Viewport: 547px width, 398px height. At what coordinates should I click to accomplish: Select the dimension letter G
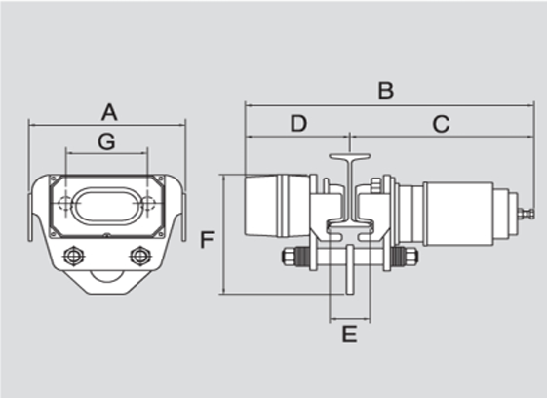click(106, 141)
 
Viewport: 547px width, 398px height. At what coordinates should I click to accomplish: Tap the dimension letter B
click(385, 91)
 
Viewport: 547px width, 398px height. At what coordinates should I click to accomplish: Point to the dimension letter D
click(297, 124)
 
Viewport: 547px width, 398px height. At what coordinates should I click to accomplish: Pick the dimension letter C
click(441, 124)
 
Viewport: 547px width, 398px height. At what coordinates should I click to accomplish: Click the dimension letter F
click(206, 239)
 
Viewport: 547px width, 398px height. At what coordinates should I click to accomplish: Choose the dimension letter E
click(350, 335)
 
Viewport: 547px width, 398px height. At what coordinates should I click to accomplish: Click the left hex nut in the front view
click(72, 257)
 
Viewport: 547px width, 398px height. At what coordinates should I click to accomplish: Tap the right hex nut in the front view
click(138, 257)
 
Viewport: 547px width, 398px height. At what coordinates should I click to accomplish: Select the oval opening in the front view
click(106, 206)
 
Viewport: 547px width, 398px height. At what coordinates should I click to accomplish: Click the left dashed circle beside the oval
click(65, 205)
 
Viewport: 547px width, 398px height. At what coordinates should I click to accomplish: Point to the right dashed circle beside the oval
click(147, 205)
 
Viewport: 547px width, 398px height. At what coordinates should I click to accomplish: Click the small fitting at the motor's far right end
click(527, 212)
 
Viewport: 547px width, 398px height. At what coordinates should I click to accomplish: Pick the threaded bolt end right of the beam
click(403, 259)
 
